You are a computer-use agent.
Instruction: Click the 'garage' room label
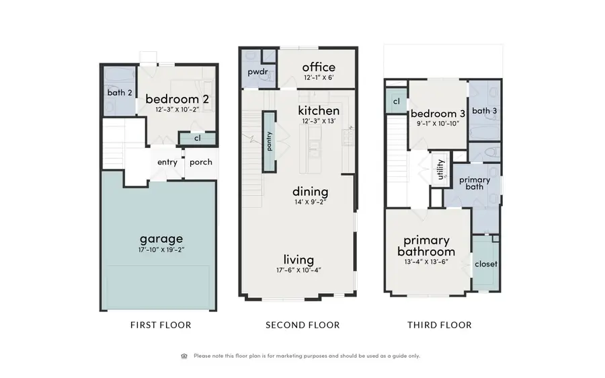tap(161, 238)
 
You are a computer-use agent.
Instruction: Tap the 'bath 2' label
tap(119, 92)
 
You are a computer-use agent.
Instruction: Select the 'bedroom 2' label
tap(177, 100)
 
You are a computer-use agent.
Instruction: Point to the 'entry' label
tap(167, 162)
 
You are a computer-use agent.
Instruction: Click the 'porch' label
tap(201, 162)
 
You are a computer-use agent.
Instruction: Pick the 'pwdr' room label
tap(257, 71)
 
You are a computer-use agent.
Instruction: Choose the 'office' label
tap(318, 67)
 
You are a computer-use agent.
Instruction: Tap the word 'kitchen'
tap(319, 110)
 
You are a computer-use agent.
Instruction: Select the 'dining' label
tap(310, 192)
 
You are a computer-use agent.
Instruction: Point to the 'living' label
tap(298, 260)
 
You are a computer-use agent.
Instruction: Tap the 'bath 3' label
tap(484, 111)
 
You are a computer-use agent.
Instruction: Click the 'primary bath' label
tap(475, 183)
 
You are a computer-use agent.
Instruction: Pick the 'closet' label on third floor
tap(485, 264)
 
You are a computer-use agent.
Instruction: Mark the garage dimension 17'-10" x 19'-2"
tap(161, 250)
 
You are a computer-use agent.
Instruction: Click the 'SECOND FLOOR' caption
tap(302, 325)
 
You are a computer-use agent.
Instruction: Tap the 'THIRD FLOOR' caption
tap(439, 325)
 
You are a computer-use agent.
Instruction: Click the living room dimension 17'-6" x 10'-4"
tap(298, 270)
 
